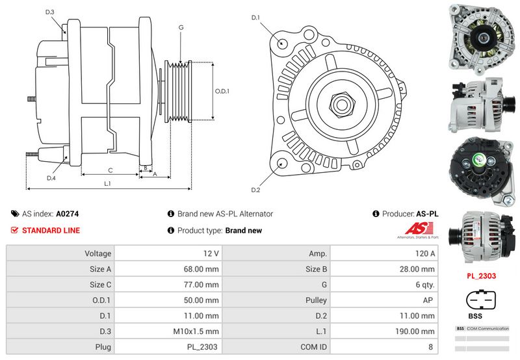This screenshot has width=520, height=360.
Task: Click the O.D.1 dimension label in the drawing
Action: (x=222, y=91)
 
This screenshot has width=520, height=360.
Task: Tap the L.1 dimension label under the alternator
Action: (x=108, y=184)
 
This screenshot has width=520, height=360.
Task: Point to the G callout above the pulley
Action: (x=181, y=27)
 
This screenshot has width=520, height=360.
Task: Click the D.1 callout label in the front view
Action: (x=255, y=18)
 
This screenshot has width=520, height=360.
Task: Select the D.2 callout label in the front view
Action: (x=255, y=190)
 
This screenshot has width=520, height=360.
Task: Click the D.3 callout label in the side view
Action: (x=50, y=12)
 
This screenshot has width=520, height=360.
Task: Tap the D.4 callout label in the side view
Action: (x=51, y=177)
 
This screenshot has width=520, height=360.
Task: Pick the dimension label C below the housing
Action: (x=110, y=170)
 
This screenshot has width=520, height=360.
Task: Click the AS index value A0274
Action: (x=67, y=213)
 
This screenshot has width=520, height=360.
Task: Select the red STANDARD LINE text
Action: (x=51, y=230)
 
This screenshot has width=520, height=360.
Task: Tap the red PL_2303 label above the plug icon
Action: (x=482, y=276)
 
